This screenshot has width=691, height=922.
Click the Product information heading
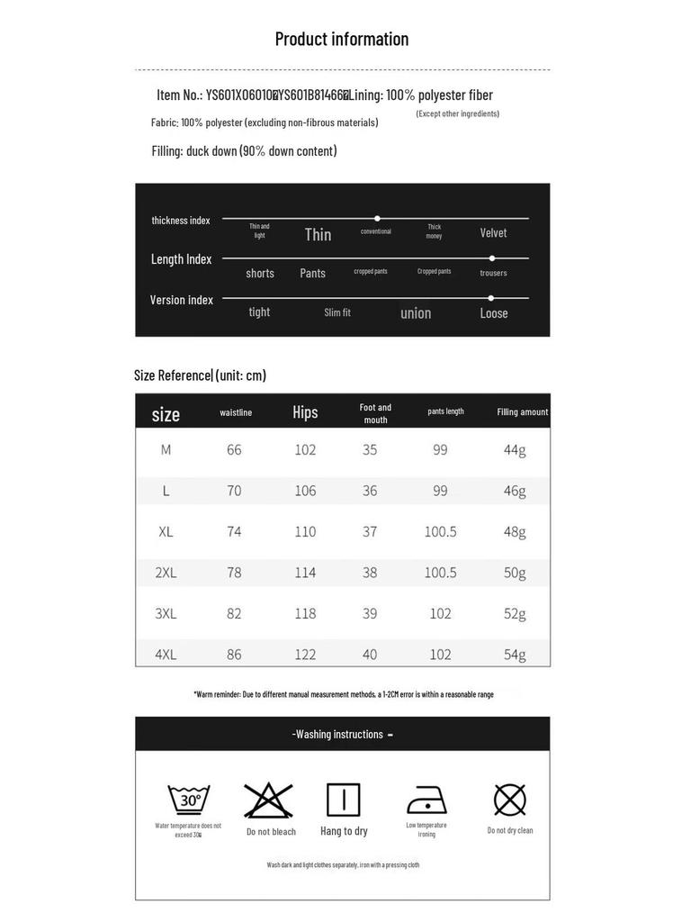coord(342,39)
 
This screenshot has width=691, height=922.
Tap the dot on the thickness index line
coord(377,218)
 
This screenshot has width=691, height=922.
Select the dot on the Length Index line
coord(492,258)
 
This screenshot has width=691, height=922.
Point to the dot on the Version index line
coord(490,298)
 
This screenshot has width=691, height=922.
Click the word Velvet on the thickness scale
coord(493,233)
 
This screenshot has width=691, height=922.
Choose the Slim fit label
coord(337,312)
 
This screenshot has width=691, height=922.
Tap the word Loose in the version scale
coord(494,313)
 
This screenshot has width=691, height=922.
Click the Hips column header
coord(305,412)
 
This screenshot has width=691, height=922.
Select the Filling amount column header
coord(522,412)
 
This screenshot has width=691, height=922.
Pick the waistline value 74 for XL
coord(234,531)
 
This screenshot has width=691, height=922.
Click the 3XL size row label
coord(166,613)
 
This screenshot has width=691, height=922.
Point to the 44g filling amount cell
coord(515,449)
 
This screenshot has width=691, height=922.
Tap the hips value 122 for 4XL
coord(305,655)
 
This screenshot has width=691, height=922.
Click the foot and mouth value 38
coord(370,572)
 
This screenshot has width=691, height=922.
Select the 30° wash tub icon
coord(189,800)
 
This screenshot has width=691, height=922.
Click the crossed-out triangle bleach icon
coord(269,800)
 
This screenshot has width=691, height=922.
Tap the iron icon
coord(426,800)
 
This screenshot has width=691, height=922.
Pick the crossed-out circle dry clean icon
coord(509,800)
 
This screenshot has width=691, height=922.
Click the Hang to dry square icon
coord(343,800)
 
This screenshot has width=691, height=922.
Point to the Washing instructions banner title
coord(342,734)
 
